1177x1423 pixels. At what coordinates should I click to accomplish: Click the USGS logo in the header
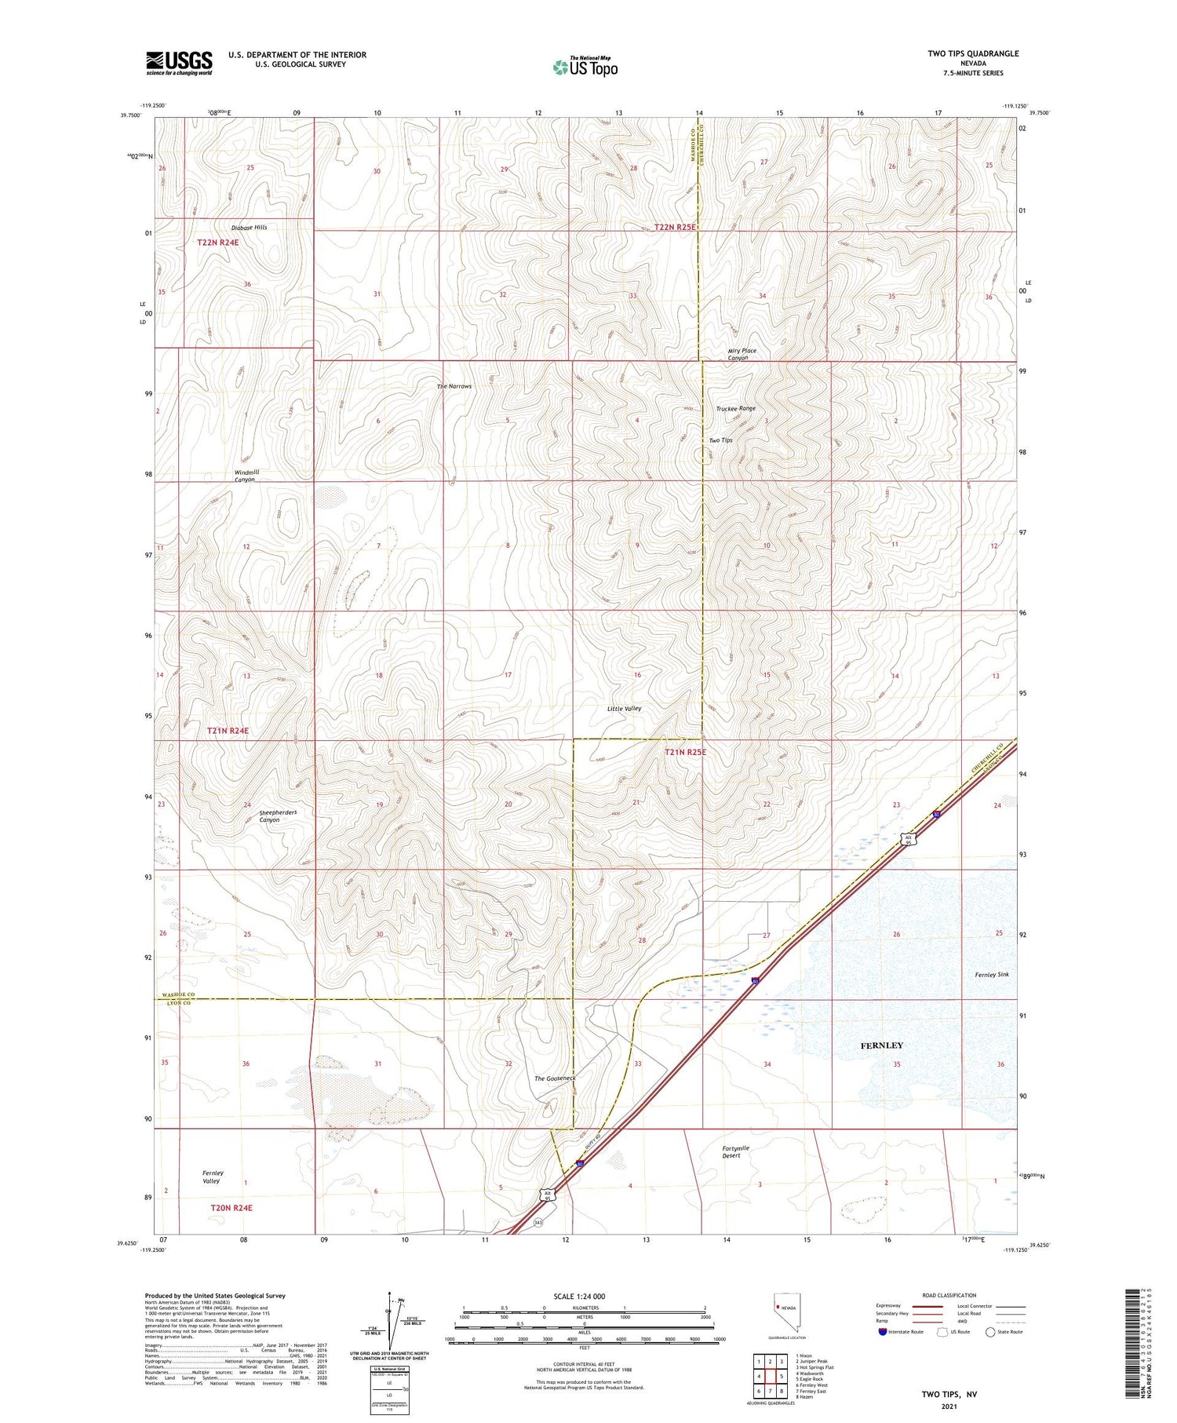tap(179, 63)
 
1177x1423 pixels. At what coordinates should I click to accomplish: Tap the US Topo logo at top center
tap(585, 68)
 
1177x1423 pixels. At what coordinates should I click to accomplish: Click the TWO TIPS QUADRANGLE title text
tap(973, 53)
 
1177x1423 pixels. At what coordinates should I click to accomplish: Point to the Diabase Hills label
tap(249, 228)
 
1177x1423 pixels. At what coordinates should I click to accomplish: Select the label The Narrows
tap(454, 386)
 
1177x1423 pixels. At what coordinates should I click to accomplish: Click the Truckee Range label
tap(735, 409)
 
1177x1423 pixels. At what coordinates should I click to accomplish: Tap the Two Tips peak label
tap(720, 440)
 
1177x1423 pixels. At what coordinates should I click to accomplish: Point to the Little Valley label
tap(624, 708)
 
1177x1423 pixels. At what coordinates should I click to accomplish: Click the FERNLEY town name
tap(881, 1045)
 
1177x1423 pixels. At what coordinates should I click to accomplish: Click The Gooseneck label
tap(555, 1078)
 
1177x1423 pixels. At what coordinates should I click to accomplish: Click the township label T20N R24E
tap(231, 1207)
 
